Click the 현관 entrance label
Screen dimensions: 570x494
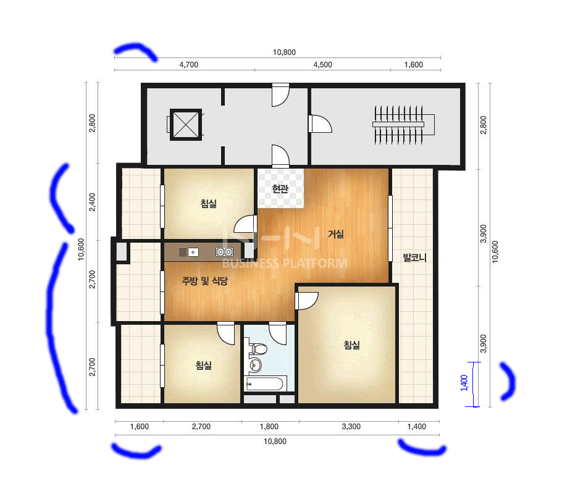pyautogui.click(x=280, y=188)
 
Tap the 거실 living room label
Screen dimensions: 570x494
pyautogui.click(x=335, y=234)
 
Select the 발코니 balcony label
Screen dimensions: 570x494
pyautogui.click(x=414, y=257)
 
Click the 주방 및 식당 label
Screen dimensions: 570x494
pyautogui.click(x=204, y=280)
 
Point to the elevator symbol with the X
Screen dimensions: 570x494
pyautogui.click(x=186, y=125)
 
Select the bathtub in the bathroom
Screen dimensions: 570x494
pyautogui.click(x=264, y=384)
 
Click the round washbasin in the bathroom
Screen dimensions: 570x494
pyautogui.click(x=255, y=364)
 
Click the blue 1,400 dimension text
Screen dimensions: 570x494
pyautogui.click(x=464, y=383)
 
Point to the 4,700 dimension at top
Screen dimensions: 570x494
pyautogui.click(x=189, y=65)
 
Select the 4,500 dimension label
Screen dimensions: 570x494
pyautogui.click(x=322, y=65)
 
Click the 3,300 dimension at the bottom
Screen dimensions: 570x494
pyautogui.click(x=351, y=427)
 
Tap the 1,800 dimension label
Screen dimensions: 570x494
pyautogui.click(x=269, y=427)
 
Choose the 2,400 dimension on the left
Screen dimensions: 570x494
pyautogui.click(x=93, y=202)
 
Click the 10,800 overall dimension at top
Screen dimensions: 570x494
pyautogui.click(x=284, y=52)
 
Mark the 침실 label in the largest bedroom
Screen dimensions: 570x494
pyautogui.click(x=351, y=345)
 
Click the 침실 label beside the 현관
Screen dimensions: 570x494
pyautogui.click(x=209, y=203)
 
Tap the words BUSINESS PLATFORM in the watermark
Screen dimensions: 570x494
pyautogui.click(x=285, y=263)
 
